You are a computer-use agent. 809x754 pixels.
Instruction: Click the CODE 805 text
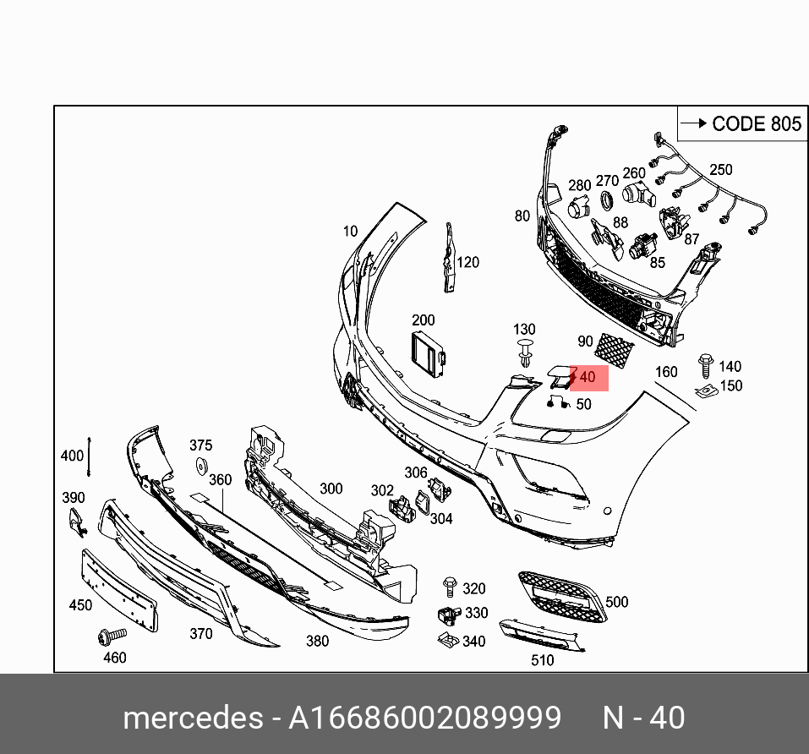click(x=756, y=123)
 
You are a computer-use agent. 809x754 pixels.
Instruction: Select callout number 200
click(x=423, y=320)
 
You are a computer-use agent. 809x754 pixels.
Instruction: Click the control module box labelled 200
click(x=427, y=355)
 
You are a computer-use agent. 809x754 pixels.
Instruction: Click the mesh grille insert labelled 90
click(x=615, y=349)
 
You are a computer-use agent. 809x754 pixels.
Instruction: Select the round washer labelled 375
click(x=202, y=465)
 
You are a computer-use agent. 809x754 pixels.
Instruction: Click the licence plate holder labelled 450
click(x=119, y=588)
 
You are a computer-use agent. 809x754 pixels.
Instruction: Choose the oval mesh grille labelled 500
click(x=561, y=596)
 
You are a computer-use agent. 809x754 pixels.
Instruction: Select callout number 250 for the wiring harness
click(x=720, y=170)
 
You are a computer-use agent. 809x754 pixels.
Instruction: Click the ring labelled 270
click(x=606, y=200)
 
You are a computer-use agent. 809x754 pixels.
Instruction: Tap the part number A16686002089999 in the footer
click(x=424, y=718)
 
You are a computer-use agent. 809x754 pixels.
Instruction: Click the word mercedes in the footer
click(x=193, y=718)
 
